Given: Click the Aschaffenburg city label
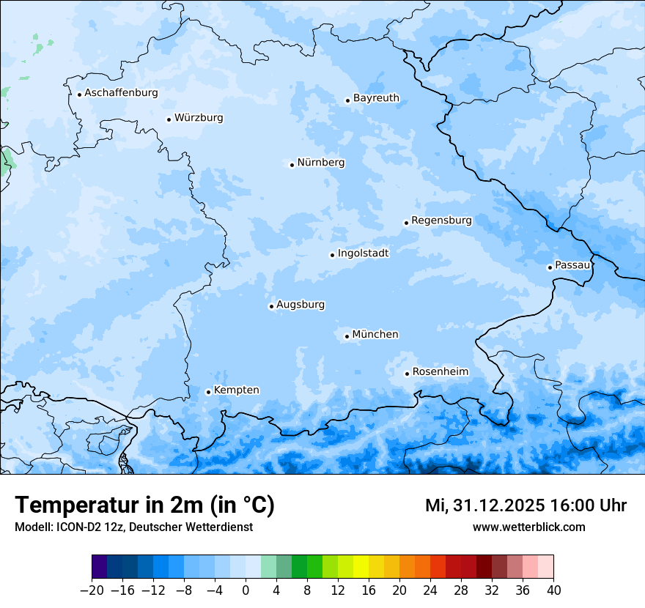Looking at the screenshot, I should pos(121,93).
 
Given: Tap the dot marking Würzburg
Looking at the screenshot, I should pos(169,119).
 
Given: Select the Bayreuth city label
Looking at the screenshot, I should pos(376,98).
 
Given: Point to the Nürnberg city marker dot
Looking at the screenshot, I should pos(292,165).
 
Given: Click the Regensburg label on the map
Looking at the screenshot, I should pos(441,220).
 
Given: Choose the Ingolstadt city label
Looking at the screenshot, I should pos(363,253).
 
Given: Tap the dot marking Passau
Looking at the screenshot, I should pos(550,267).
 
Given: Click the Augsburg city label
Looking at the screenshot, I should pos(301,305).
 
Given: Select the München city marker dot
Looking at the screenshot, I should pos(347,337).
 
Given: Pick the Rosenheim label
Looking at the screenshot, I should pos(440,372).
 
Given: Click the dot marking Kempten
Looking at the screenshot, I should pos(208,392).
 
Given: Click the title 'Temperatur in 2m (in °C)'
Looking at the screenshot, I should pos(144,505).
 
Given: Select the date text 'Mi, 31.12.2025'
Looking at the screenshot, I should pos(484,505).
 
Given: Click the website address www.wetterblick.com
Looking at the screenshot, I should pos(528,527).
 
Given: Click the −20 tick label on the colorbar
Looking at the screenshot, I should pos(92,590).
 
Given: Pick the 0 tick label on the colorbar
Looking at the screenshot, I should pos(246,590).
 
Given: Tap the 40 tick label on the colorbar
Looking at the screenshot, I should pos(553,590).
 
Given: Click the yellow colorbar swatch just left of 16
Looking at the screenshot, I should pos(361,567).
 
